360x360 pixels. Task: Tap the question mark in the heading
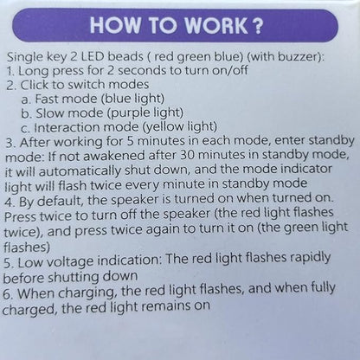[x=257, y=25]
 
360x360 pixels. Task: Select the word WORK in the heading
[x=216, y=25]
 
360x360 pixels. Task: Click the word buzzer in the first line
[x=298, y=57]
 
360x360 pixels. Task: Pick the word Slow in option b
[x=48, y=113]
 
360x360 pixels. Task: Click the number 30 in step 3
[x=188, y=155]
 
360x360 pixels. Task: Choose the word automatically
[x=80, y=171]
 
